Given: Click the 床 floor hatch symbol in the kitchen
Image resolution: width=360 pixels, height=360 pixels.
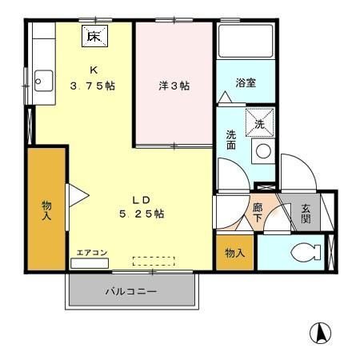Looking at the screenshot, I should [x=94, y=36].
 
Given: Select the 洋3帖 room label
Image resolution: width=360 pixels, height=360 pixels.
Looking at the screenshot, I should [x=174, y=86].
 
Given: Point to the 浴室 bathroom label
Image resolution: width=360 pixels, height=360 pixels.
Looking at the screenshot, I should [x=246, y=83].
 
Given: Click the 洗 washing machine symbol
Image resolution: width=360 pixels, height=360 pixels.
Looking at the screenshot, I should [x=259, y=124].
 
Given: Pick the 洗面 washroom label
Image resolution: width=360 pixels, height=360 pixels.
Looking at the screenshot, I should [x=231, y=141].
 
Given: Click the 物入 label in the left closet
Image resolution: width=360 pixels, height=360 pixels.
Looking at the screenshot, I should [x=46, y=210].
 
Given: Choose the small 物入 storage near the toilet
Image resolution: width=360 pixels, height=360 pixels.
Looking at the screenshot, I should [x=234, y=253].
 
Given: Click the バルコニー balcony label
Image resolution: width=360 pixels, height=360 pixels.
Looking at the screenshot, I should [x=130, y=292].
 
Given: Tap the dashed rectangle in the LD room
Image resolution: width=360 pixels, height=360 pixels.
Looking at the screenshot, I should [x=153, y=261].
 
